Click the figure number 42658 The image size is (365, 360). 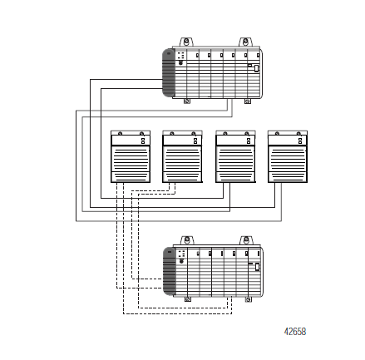(295, 332)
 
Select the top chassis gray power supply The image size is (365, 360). (168, 73)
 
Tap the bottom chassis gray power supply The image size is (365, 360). (169, 272)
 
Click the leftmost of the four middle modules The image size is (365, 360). (131, 156)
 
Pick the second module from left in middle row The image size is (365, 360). (182, 156)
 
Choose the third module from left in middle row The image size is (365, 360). (235, 156)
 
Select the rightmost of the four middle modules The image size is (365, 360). (288, 156)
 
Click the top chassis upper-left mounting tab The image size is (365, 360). (186, 42)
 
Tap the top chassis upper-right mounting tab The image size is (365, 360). (245, 42)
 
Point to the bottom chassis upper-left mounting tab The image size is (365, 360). (187, 240)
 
